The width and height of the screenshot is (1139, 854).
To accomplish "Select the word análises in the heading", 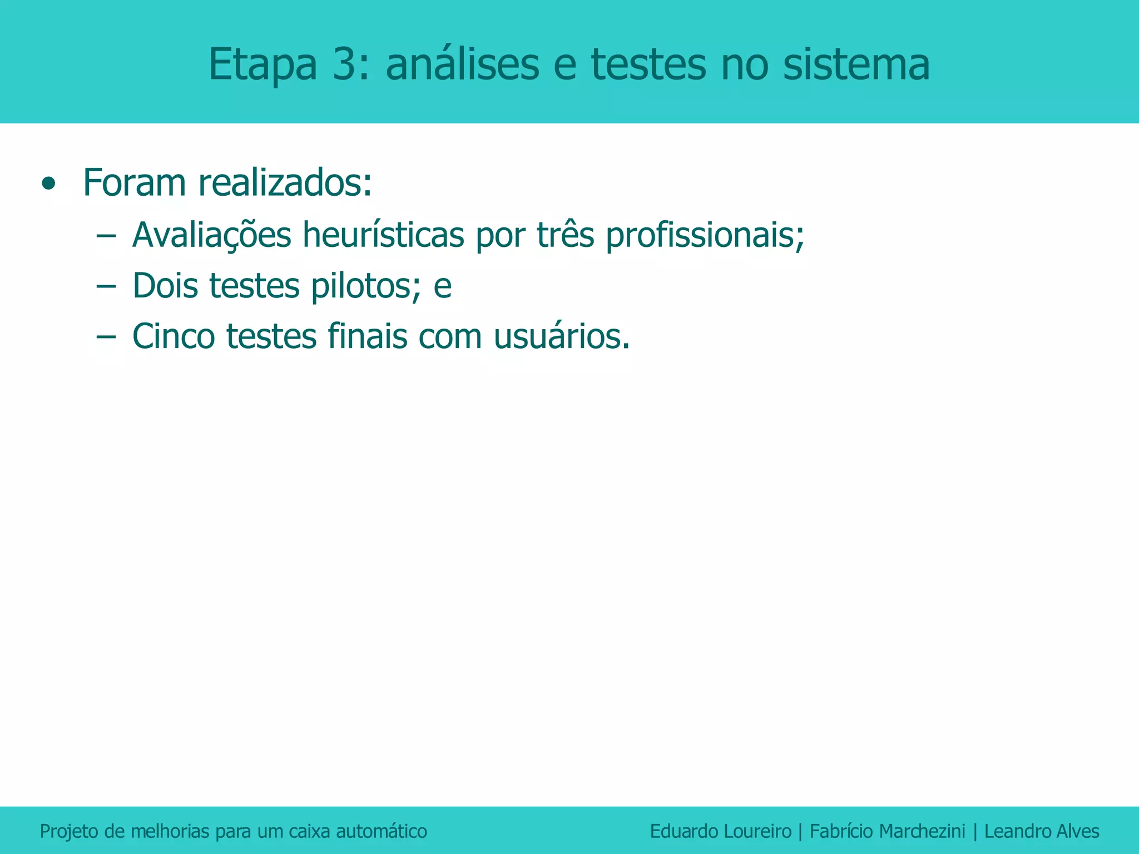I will coord(462,65).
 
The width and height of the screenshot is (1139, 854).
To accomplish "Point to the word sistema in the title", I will coord(856,65).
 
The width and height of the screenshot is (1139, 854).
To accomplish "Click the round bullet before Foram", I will coord(49,183).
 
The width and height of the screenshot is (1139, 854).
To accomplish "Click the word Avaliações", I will coord(211,235).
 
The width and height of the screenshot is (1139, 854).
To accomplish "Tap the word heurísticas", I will coord(383,235).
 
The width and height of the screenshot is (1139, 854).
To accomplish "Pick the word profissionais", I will coord(705,235).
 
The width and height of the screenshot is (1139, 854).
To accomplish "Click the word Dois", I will coord(165,286).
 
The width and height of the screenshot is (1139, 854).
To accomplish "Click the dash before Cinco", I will coord(105,336).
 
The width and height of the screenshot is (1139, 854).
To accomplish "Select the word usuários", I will coord(562,336).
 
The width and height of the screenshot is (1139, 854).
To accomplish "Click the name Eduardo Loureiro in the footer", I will coord(720,831).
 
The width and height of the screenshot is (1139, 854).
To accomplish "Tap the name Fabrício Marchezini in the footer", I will coord(887,831).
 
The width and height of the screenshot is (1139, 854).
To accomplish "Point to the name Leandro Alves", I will coord(1042,831).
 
